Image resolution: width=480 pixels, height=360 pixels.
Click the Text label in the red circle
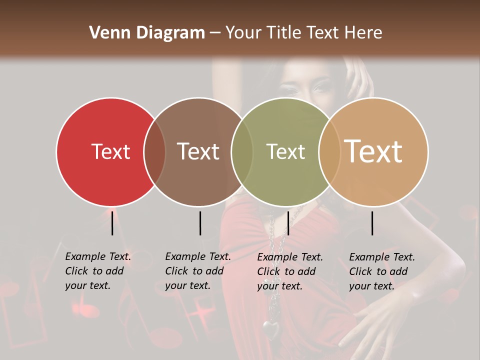(110, 151)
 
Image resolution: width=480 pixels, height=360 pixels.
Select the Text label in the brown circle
(198, 151)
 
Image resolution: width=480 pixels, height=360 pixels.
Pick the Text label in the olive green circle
(285, 151)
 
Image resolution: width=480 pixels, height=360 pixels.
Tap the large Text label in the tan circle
(373, 151)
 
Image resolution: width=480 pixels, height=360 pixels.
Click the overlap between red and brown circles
(154, 151)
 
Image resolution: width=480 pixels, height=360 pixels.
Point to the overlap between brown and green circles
(242, 151)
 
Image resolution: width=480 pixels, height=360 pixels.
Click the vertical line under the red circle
(112, 223)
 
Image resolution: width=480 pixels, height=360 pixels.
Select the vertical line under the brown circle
(200, 223)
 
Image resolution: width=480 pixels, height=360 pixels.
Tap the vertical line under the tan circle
(372, 223)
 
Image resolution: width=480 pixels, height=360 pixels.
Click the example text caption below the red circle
(97, 271)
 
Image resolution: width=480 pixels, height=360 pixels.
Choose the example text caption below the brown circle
(197, 271)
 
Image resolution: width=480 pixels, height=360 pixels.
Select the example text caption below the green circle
(289, 271)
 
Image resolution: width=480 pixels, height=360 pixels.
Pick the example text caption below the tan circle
(381, 271)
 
